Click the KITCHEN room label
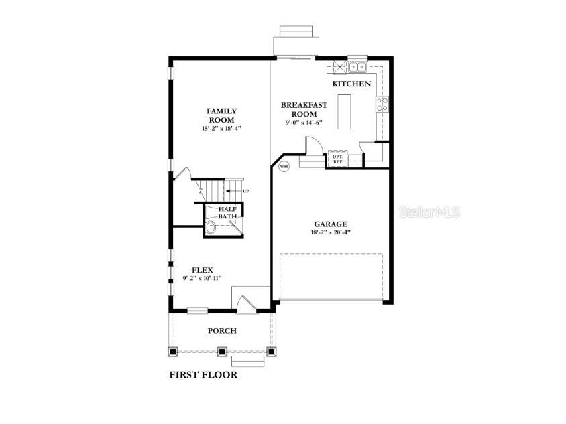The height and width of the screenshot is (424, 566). (x=351, y=84)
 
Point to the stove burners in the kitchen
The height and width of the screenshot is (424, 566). (x=382, y=104)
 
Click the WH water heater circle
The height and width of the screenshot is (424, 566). (x=283, y=166)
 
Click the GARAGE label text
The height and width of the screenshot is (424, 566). (x=331, y=224)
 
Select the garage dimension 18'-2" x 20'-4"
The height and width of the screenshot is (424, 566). (x=331, y=232)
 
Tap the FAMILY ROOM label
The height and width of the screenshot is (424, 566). (x=221, y=115)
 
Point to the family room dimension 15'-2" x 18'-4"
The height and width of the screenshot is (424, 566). (x=221, y=128)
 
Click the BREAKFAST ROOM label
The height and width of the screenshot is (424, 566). (x=304, y=109)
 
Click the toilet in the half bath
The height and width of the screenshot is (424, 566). (x=211, y=228)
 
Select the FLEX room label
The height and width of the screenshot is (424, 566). (x=202, y=269)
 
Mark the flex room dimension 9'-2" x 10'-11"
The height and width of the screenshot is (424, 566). (x=202, y=278)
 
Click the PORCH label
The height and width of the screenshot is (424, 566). (x=222, y=330)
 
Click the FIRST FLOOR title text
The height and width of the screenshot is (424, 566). (x=203, y=375)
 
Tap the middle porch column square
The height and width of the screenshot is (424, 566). (x=223, y=350)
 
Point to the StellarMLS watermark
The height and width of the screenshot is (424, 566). (x=430, y=212)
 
